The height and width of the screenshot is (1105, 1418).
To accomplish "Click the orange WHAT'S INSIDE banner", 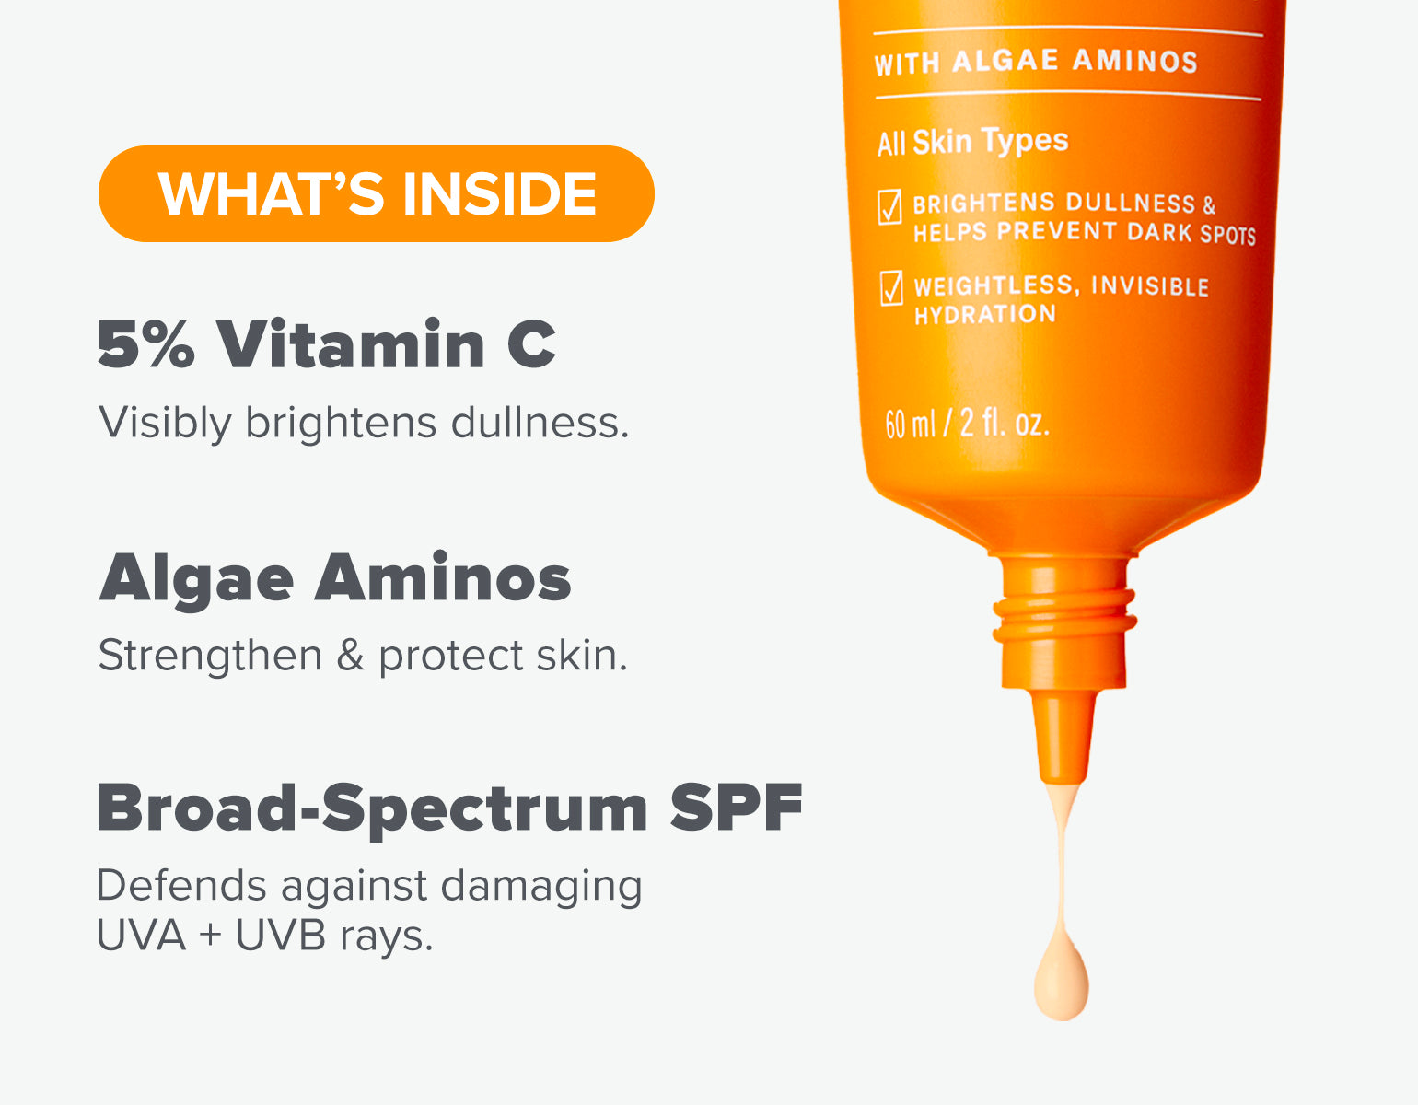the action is click(376, 193).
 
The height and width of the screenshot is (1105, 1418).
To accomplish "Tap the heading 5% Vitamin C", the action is click(326, 343).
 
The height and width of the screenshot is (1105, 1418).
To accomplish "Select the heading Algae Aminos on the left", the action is click(335, 579).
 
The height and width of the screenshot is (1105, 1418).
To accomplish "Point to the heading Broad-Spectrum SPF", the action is click(449, 809).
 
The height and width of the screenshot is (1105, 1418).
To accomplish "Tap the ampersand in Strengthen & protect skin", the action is click(351, 655).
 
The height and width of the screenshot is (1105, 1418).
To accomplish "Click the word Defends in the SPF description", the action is click(181, 886).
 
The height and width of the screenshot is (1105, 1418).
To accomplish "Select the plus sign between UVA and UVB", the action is click(210, 936).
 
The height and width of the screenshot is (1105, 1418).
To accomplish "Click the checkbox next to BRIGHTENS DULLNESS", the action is click(889, 207).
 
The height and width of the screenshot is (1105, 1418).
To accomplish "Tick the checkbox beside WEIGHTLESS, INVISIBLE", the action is click(891, 287).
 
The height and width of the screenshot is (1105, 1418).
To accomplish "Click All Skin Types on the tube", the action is click(973, 142).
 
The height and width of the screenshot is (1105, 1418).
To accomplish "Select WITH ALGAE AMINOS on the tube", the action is click(1036, 62).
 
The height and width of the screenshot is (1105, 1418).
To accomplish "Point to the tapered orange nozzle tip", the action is click(1063, 736).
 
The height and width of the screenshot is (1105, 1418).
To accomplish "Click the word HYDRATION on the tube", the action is click(984, 314).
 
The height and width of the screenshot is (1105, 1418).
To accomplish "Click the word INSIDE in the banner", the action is click(499, 193).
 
